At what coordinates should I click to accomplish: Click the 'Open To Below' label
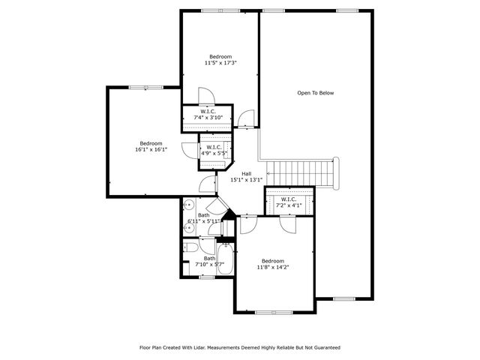point(315,93)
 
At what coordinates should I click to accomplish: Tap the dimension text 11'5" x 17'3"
point(220,63)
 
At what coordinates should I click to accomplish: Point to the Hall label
point(246,173)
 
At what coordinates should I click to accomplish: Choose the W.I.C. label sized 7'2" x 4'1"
point(289,202)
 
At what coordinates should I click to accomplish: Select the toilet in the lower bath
point(190,247)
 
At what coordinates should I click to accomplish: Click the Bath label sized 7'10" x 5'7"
point(209,261)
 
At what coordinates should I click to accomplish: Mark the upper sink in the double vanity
point(190,205)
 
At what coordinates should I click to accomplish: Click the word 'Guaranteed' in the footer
point(325,348)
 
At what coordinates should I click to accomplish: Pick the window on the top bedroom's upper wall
point(220,10)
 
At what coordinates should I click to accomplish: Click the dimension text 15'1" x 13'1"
point(246,179)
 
